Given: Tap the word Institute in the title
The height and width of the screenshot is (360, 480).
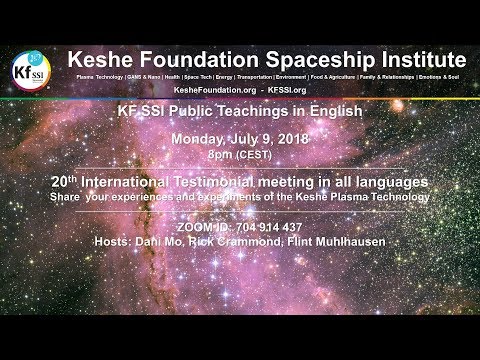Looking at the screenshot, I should (x=409, y=56).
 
